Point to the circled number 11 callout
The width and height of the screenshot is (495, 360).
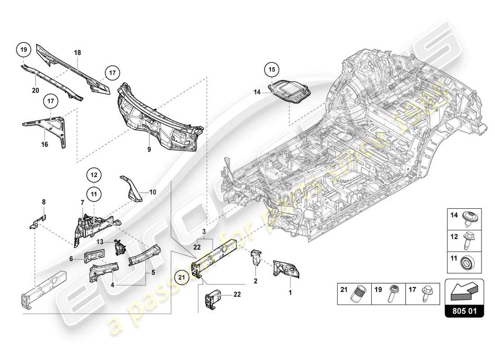click(x=94, y=194)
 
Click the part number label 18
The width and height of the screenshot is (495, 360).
click(x=77, y=53)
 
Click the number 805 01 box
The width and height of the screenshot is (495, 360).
click(x=465, y=310)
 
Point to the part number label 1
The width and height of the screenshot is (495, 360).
click(x=290, y=292)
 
